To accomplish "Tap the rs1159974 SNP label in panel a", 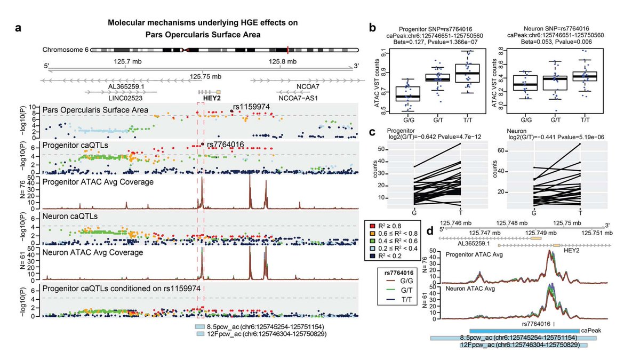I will pyautogui.click(x=252, y=107).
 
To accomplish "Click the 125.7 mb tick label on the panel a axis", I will pyautogui.click(x=126, y=61).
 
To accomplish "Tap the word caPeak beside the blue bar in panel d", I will pyautogui.click(x=591, y=331).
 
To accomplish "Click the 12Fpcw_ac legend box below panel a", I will pyautogui.click(x=201, y=334).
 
